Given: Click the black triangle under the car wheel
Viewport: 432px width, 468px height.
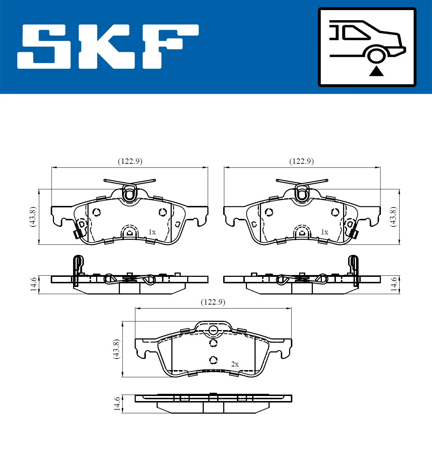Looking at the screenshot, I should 376,71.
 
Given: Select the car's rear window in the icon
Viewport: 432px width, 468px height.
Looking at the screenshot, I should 356,33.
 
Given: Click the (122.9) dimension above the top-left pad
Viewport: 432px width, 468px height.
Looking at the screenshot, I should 130,161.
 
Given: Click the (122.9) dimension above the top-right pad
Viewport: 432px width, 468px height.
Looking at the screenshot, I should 302,161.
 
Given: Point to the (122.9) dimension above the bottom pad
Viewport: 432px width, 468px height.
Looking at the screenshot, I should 213,302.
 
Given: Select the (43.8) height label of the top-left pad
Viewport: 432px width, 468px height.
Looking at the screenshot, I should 33,216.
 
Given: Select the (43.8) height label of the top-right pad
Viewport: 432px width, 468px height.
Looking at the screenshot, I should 393,216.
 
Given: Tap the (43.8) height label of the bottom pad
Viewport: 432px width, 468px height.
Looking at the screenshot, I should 116,348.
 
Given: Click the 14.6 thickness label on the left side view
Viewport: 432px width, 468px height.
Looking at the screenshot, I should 33,284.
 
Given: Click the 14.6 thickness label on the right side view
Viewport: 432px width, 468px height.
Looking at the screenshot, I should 394,284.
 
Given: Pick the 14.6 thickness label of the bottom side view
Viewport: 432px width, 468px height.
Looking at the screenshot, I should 117,404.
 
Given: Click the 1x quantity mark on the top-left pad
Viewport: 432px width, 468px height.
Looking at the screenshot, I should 152,232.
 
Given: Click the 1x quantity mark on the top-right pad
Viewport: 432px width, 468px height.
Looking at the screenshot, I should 324,232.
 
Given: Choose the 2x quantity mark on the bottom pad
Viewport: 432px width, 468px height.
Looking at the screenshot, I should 235,364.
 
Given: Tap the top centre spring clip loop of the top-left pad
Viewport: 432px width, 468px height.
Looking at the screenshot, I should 129,194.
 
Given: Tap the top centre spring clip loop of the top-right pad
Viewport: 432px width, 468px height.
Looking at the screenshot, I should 302,194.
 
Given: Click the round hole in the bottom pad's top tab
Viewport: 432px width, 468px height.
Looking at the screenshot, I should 213,329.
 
